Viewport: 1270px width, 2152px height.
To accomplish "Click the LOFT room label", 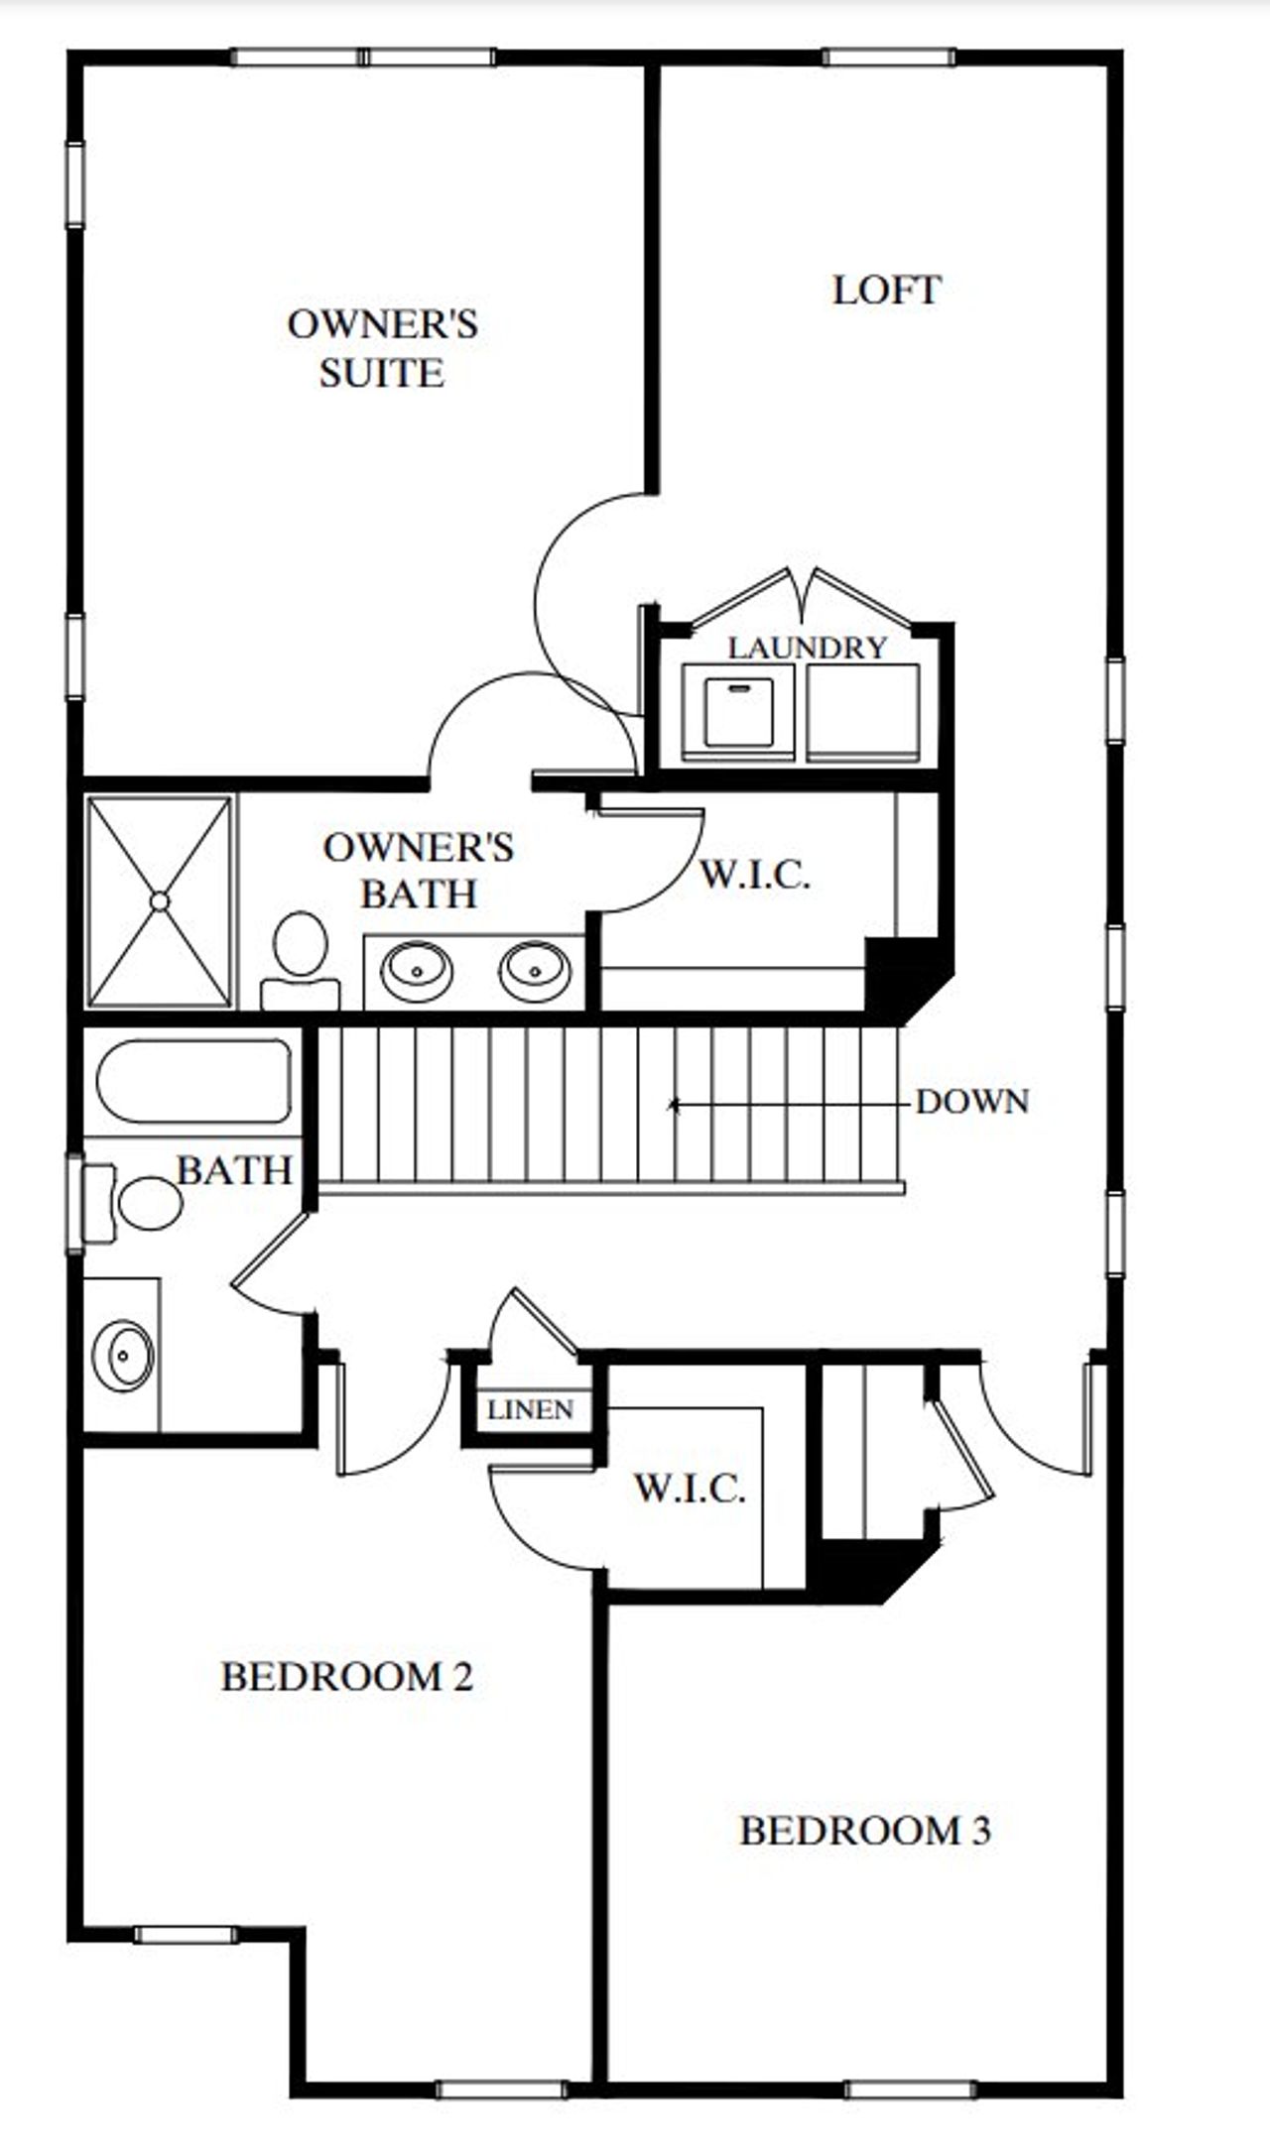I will [886, 291].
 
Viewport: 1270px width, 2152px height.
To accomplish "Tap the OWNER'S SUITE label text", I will [382, 348].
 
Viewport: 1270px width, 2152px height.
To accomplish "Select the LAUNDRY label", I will [807, 648].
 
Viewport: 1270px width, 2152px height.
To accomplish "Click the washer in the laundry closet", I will [737, 712].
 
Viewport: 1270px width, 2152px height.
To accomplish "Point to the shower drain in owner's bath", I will [160, 900].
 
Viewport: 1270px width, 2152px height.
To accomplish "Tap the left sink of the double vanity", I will [418, 971].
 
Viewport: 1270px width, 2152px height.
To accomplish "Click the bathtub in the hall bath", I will [193, 1081].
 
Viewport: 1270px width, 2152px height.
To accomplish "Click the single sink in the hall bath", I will [123, 1355].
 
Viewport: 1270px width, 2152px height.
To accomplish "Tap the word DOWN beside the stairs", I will [971, 1102].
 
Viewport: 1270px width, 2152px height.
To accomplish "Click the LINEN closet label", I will [531, 1409].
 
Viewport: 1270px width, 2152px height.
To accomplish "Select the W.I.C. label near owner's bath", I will [755, 875].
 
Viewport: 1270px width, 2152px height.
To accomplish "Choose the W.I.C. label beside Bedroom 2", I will [690, 1488].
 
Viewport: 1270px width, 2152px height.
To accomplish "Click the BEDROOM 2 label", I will [346, 1676].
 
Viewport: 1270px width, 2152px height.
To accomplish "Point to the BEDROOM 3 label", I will [864, 1830].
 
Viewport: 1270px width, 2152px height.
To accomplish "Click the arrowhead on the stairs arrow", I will [674, 1103].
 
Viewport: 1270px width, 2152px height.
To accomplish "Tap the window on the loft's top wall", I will [888, 58].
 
